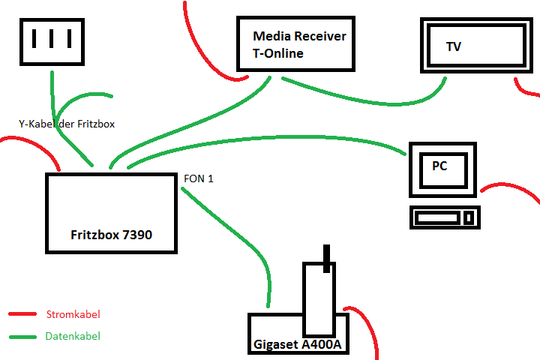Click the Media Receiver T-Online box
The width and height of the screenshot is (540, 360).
295,44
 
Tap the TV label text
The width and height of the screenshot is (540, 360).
454,47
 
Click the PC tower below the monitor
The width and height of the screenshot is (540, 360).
445,217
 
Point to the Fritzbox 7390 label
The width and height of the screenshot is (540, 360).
111,235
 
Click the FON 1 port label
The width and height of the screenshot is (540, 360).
199,179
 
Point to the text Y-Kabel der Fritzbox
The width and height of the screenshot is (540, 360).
67,124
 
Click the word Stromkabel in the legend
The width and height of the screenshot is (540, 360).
73,314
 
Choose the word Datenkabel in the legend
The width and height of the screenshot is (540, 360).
73,337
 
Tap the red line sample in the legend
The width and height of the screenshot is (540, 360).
22,314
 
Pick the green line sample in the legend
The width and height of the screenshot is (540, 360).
22,337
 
